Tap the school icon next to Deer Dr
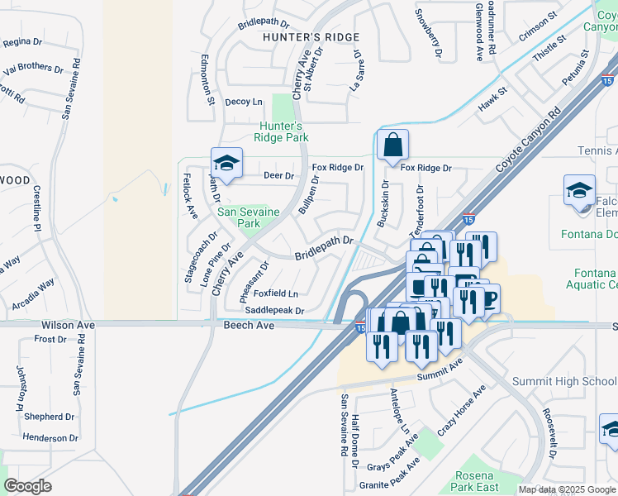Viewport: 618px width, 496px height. [x=226, y=162]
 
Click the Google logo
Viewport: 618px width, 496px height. [x=27, y=486]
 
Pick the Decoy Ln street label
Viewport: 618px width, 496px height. [x=243, y=102]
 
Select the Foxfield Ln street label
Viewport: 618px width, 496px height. [x=275, y=293]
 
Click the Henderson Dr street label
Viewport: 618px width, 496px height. [x=50, y=437]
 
